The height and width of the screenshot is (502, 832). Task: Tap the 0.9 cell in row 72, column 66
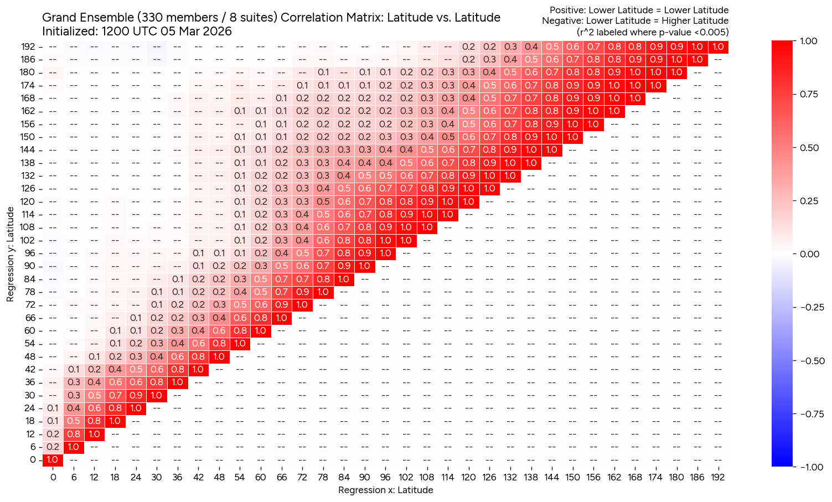click(x=281, y=305)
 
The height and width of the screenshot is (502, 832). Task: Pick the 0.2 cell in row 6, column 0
click(x=53, y=447)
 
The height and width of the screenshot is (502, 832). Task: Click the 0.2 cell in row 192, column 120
click(x=469, y=47)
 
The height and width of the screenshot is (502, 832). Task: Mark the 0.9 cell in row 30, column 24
click(x=136, y=395)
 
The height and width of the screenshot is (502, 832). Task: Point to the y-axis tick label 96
click(x=28, y=253)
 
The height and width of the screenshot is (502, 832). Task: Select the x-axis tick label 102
click(x=406, y=477)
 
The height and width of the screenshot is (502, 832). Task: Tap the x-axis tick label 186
click(x=697, y=477)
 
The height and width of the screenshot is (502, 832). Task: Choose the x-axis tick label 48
click(x=219, y=477)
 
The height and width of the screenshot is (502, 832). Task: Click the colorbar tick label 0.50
click(x=809, y=148)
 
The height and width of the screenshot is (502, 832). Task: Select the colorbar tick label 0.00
click(x=809, y=254)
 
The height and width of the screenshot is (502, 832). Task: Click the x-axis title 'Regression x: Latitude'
click(x=385, y=490)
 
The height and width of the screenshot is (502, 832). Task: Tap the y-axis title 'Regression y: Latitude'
click(x=10, y=254)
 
